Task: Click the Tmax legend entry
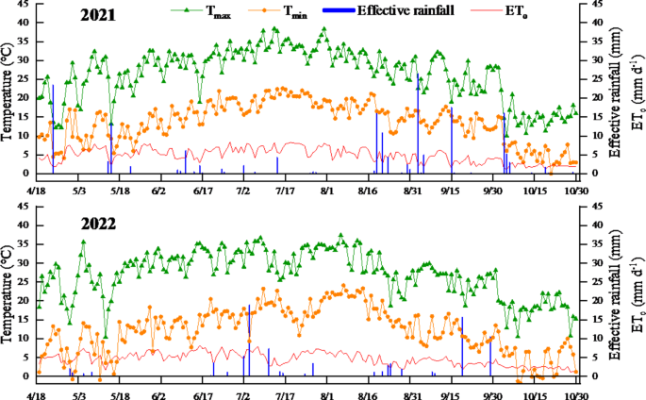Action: point(212,10)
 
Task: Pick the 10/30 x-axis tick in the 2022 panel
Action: point(576,391)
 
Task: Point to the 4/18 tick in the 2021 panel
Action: point(38,190)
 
